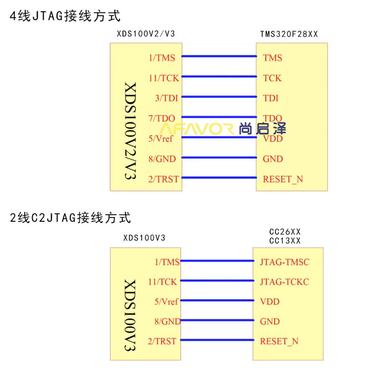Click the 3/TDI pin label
coord(167,98)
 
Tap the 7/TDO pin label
coord(162,118)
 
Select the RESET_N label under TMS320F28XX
coord(283,179)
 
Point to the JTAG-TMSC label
coord(284,262)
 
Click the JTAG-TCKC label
coord(284,282)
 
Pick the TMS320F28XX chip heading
coord(289,34)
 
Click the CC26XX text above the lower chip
coord(285,232)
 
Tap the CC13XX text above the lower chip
coord(285,241)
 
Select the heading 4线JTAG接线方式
coord(65,16)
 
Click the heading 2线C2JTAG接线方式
coord(70,217)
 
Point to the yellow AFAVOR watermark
coord(197,129)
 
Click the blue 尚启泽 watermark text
coord(263,128)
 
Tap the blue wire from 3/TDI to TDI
coord(219,97)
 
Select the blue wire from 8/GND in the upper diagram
coord(219,157)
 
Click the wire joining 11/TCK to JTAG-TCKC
coord(217,281)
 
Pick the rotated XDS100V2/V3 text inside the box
coord(131,131)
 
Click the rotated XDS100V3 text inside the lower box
coord(130,315)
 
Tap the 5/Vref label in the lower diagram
coord(167,302)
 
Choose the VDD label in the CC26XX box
coord(270,302)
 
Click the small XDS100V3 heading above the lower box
coord(144,238)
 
